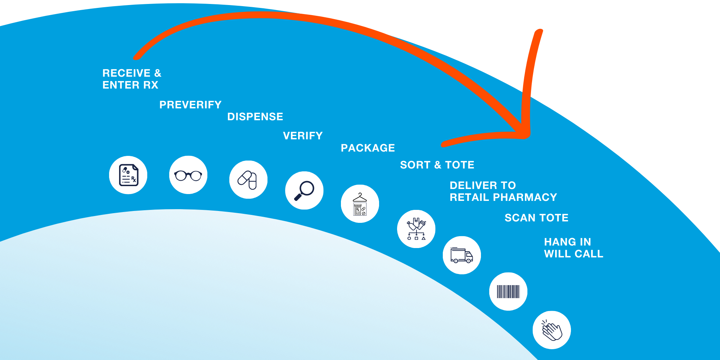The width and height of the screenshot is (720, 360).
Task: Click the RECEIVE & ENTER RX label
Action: [132, 79]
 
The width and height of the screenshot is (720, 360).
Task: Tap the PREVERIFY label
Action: [190, 105]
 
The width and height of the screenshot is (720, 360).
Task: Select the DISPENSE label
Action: [255, 117]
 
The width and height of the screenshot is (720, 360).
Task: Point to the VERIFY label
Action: [303, 136]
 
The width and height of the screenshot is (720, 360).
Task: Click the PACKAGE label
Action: [368, 148]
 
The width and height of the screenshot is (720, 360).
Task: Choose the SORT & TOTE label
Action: [437, 165]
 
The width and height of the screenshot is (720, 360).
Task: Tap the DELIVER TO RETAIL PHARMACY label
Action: [503, 191]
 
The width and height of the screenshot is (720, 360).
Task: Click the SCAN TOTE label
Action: [536, 218]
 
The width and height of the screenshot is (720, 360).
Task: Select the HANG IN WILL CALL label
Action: [573, 248]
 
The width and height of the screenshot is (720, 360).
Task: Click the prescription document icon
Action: [128, 175]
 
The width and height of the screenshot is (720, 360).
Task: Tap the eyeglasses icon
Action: [188, 175]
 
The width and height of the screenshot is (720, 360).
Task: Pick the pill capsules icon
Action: [248, 180]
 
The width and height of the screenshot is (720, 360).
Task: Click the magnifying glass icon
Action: [304, 190]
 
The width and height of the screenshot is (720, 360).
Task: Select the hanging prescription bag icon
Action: [360, 204]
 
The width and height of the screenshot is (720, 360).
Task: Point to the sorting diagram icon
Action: [416, 229]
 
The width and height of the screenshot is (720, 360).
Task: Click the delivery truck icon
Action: [462, 255]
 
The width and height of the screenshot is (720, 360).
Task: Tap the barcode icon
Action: [508, 292]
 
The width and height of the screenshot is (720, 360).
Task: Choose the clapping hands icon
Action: [552, 330]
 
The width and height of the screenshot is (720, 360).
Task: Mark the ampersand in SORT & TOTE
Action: [438, 165]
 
